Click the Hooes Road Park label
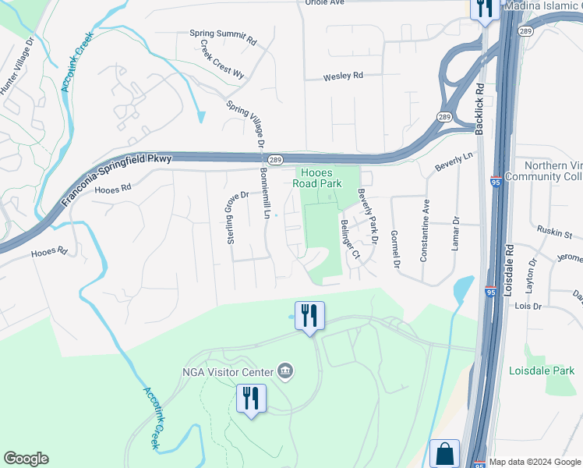pos(317,179)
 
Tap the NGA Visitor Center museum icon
pos(285,369)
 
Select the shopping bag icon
pos(444,453)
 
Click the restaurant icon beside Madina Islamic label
pos(485,9)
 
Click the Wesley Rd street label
pos(344,76)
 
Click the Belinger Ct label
pos(349,239)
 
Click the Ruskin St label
pos(554,232)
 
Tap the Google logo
pos(26,459)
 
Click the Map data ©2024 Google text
pos(535,462)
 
